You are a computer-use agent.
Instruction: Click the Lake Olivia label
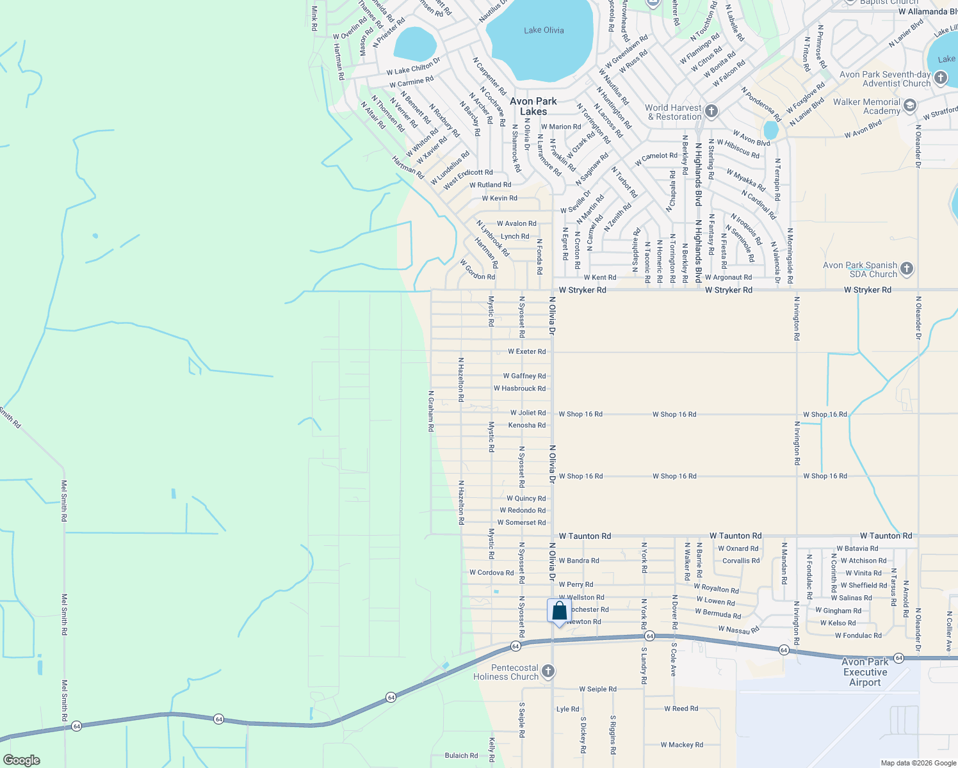[x=544, y=30]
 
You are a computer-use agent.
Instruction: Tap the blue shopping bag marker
[x=559, y=611]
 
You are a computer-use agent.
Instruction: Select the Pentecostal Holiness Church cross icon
[x=548, y=671]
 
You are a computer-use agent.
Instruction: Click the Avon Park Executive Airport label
[x=865, y=672]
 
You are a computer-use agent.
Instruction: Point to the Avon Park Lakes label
[x=533, y=106]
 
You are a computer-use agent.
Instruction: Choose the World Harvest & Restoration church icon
[x=711, y=112]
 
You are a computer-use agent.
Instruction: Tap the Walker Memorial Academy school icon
[x=910, y=106]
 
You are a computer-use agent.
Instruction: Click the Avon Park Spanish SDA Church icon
[x=907, y=269]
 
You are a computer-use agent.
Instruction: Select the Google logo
[x=21, y=760]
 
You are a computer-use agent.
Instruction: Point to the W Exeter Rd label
[x=526, y=351]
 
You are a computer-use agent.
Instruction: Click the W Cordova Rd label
[x=491, y=573]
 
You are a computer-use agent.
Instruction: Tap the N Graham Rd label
[x=431, y=411]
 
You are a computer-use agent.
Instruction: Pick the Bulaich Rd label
[x=461, y=756]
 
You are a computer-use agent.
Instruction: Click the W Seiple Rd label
[x=597, y=689]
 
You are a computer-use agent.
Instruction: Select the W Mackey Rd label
[x=681, y=745]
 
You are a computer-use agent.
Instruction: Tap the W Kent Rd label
[x=600, y=278]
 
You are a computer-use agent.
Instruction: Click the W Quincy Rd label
[x=526, y=499]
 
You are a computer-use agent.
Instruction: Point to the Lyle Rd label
[x=567, y=709]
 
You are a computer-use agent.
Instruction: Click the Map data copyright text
[x=918, y=763]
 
